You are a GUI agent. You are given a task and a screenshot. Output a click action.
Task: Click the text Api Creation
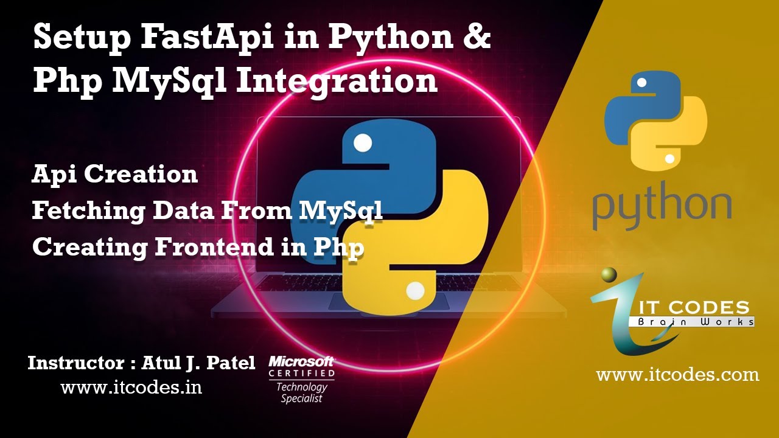pos(115,175)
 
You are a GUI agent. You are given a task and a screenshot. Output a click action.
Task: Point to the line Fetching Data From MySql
pos(208,210)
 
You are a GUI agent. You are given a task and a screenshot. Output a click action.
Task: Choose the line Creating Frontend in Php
pos(198,247)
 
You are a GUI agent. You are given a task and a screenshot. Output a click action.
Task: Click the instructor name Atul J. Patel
pos(198,363)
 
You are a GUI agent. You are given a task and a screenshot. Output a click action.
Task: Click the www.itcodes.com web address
pos(677,374)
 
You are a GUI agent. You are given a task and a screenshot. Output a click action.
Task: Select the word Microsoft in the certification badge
pos(302,361)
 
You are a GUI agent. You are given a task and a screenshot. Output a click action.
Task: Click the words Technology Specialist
pos(302,392)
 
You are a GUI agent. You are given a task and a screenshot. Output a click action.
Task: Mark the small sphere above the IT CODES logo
pos(609,276)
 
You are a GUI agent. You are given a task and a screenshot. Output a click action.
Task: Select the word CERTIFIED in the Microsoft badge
pos(302,373)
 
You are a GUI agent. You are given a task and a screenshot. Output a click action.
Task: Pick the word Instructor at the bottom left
pos(76,363)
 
